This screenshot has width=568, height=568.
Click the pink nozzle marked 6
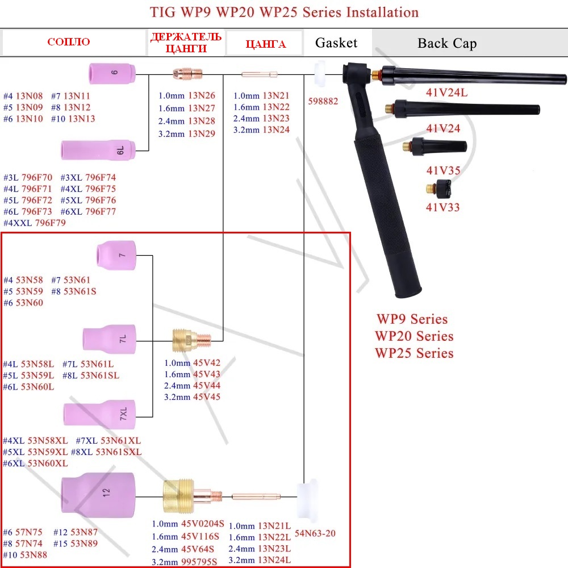[x=112, y=73]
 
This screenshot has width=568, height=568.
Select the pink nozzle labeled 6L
[x=98, y=150]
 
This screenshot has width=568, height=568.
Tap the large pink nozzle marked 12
[x=98, y=495]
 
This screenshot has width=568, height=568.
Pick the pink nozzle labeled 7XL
[x=99, y=413]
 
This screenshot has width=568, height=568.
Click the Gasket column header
[x=336, y=43]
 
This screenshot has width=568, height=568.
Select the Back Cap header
[x=447, y=43]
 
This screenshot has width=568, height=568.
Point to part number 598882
[x=323, y=101]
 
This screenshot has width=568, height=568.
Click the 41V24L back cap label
[x=446, y=93]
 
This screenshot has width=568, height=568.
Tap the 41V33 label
[x=442, y=207]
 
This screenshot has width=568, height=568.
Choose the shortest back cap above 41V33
[x=438, y=189]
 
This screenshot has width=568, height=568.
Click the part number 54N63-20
[x=315, y=533]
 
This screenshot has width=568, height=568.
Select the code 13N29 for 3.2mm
[x=202, y=133]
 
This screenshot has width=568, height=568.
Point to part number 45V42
[x=207, y=362]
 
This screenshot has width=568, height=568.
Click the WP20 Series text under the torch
[x=414, y=336]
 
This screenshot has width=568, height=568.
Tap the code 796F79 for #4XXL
[x=51, y=223]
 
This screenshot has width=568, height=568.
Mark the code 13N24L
[x=274, y=560]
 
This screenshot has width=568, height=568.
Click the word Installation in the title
[x=382, y=12]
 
